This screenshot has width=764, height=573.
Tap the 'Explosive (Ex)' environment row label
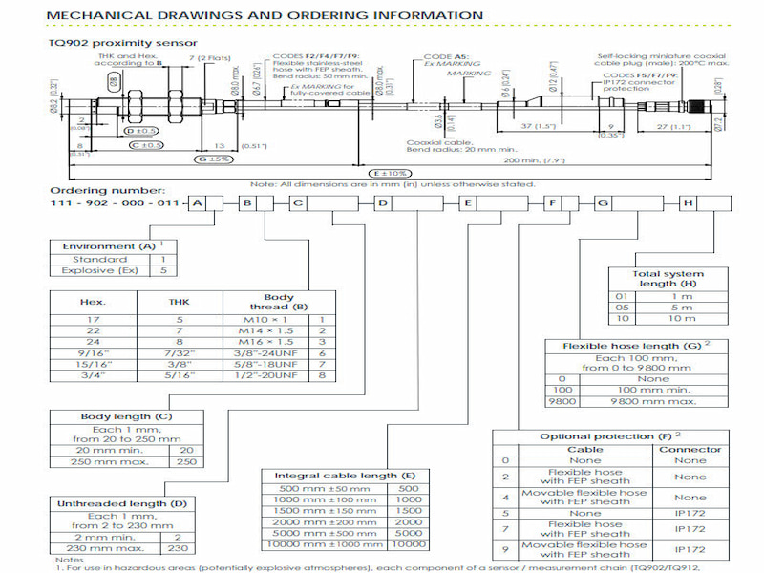click(x=95, y=271)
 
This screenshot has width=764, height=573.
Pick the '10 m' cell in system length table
click(x=694, y=317)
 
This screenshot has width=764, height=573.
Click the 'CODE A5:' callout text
click(x=443, y=59)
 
